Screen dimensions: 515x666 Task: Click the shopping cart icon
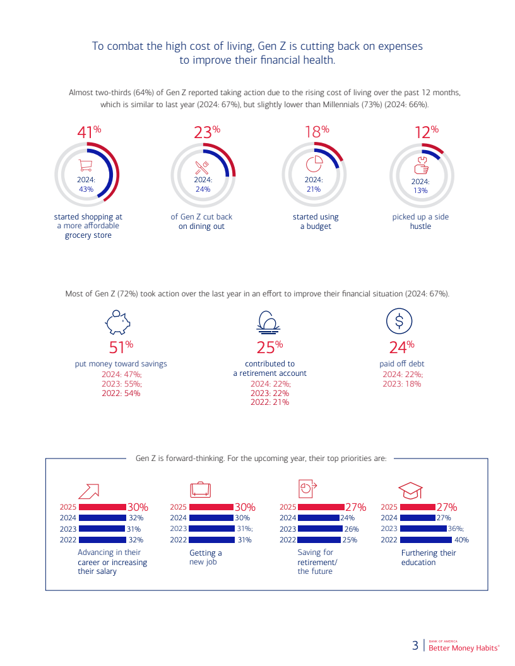pos(85,165)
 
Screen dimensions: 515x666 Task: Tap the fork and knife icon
pos(202,167)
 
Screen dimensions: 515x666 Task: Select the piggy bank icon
pos(117,322)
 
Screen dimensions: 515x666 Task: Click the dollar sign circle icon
pos(399,321)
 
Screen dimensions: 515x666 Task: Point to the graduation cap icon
pos(410,490)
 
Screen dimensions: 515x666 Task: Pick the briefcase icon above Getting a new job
pos(201,489)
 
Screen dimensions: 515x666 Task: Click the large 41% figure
pos(89,132)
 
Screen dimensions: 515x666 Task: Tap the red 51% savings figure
pos(121,347)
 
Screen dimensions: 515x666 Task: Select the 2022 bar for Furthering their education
pos(426,540)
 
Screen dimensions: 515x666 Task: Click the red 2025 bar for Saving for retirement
pos(321,506)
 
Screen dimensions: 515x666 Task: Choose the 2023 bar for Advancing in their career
pos(102,529)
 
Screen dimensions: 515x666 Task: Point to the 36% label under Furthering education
pos(456,529)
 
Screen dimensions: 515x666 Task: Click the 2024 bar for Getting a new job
pos(211,518)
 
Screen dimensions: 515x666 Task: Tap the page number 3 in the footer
pos(415,646)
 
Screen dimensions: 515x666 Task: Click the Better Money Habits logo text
pos(464,648)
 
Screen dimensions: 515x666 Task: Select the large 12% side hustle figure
pos(426,132)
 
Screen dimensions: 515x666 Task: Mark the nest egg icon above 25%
pos(268,322)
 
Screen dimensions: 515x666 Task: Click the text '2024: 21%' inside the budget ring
pos(314,184)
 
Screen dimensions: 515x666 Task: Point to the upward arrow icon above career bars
pos(89,491)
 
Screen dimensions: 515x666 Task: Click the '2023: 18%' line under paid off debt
pos(401,383)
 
